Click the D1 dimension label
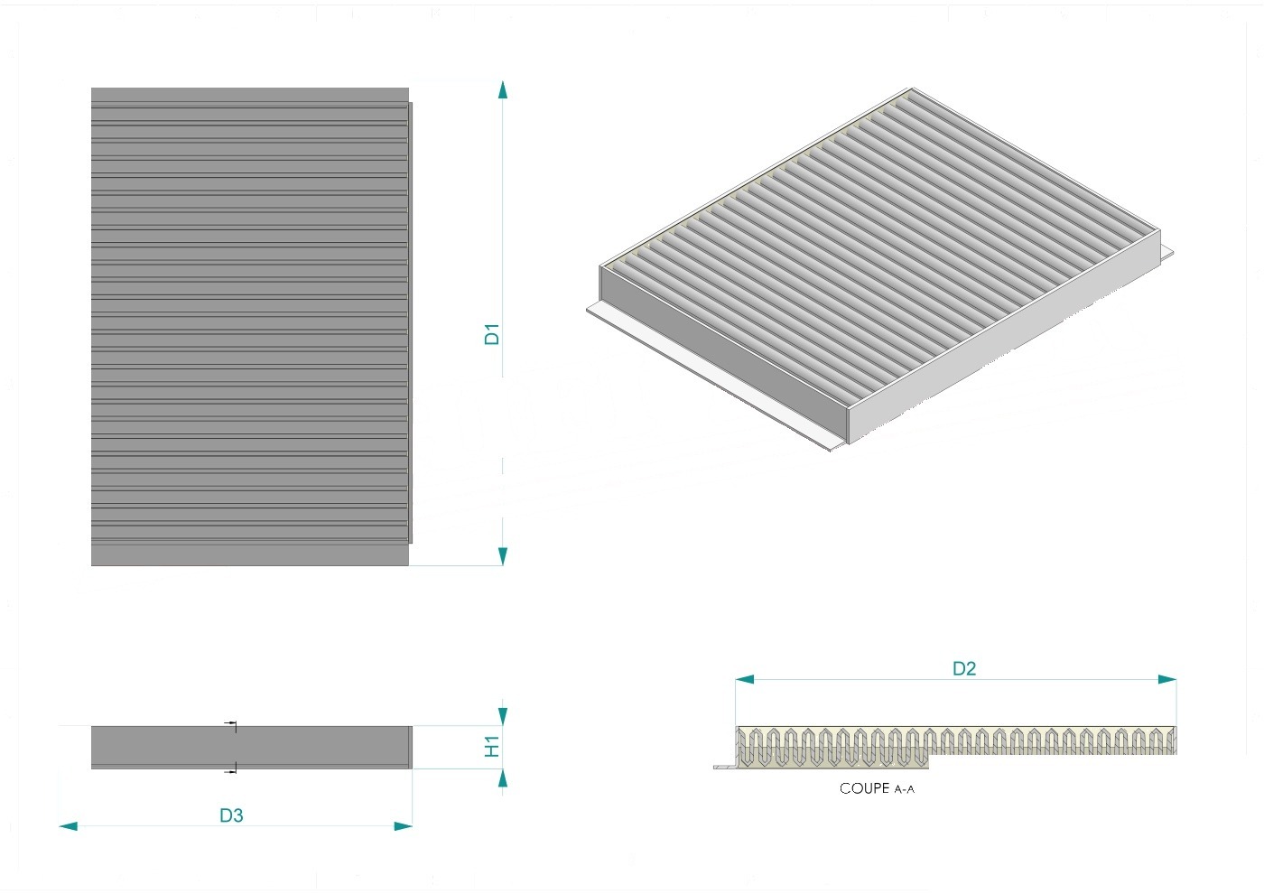[x=492, y=333]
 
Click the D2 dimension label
[x=964, y=669]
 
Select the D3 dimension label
[x=231, y=815]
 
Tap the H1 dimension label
[x=492, y=746]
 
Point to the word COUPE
[x=865, y=787]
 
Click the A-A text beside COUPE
[x=904, y=789]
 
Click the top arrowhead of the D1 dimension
[x=503, y=89]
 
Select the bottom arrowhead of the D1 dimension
[x=503, y=556]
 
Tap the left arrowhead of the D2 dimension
[x=745, y=679]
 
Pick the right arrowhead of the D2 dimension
[x=1166, y=679]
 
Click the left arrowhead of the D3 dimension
[x=69, y=826]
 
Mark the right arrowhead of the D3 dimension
[x=403, y=826]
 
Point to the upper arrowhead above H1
[x=503, y=717]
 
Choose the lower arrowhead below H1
[x=503, y=778]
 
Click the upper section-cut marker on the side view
[x=231, y=725]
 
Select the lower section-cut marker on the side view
[x=231, y=769]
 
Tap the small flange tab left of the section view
[x=724, y=767]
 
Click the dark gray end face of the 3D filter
[x=724, y=354]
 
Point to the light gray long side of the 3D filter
[x=1004, y=336]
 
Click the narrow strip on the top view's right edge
[x=410, y=322]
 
